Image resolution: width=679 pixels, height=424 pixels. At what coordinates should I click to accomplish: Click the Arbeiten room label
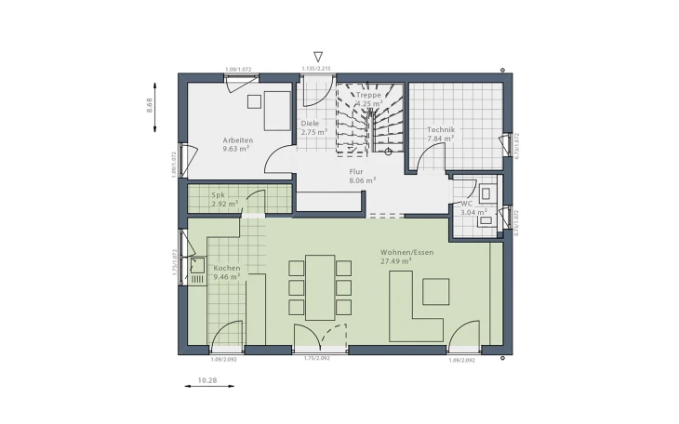(237, 139)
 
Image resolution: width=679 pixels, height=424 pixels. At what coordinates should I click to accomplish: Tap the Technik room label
(440, 129)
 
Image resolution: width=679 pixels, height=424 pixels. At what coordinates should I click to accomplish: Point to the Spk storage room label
(220, 194)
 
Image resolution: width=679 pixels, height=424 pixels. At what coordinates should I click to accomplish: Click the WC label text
(467, 204)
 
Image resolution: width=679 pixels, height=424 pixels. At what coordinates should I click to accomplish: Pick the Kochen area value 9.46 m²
(227, 276)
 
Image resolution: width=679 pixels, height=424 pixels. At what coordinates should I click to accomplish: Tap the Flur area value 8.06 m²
(362, 180)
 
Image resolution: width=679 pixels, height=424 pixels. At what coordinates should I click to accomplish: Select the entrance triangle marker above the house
(318, 57)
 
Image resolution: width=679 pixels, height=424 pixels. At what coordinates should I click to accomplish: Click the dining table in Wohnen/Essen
(320, 286)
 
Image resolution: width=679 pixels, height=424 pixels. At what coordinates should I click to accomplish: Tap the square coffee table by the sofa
(435, 291)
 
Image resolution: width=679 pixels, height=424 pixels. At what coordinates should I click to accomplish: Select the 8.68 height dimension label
(149, 104)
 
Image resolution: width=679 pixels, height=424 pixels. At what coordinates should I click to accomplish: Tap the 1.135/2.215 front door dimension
(317, 68)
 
